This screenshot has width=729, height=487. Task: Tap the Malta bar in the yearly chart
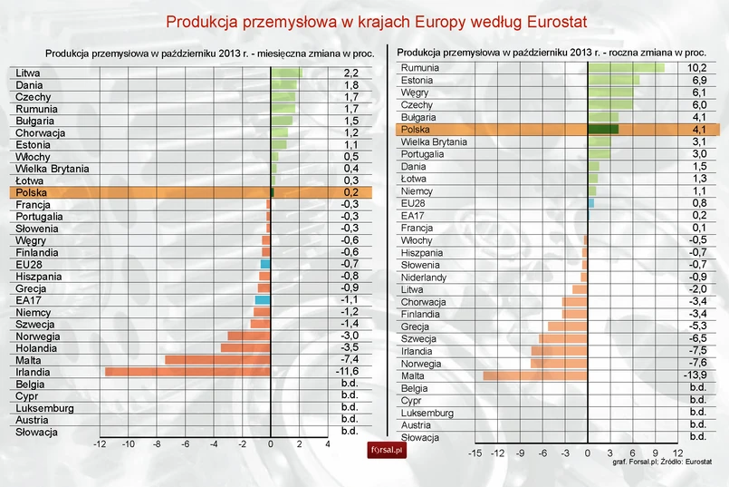[534, 375]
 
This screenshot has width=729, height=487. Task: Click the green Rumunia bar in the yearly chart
[626, 68]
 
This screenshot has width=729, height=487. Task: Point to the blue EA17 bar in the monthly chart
[263, 300]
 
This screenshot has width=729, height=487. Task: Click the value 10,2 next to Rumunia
[696, 68]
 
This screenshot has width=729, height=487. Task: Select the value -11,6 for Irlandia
[350, 372]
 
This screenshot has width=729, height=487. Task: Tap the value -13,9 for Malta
[696, 375]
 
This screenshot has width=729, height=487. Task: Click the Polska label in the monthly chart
[32, 192]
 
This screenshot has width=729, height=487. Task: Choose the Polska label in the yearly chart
[416, 130]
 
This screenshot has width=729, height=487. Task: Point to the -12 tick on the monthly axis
[101, 443]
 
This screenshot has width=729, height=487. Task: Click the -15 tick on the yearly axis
[475, 452]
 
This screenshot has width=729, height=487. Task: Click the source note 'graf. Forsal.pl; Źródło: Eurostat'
[662, 463]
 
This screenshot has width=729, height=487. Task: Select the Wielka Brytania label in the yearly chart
[434, 142]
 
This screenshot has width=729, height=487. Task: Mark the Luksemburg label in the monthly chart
[44, 408]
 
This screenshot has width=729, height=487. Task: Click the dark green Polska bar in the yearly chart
[602, 130]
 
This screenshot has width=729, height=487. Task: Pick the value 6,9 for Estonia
[696, 81]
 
